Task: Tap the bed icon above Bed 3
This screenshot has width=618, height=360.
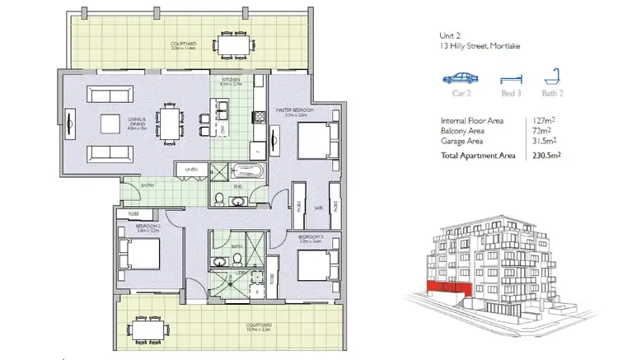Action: (511, 80)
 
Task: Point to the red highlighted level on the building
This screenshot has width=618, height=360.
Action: (445, 288)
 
